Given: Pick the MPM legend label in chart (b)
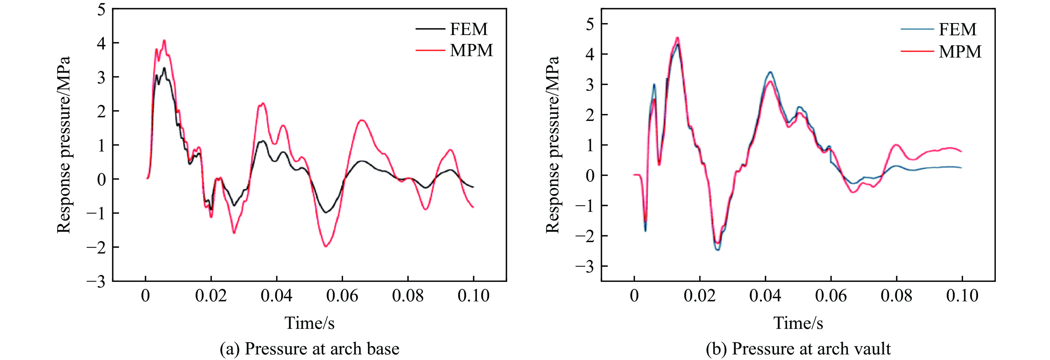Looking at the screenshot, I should tap(960, 52).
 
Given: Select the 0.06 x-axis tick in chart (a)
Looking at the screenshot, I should tap(342, 296).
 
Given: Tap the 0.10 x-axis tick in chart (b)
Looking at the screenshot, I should tap(962, 296).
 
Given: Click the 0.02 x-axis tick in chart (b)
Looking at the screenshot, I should tap(699, 296).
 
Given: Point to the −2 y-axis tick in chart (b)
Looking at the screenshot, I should tap(585, 236).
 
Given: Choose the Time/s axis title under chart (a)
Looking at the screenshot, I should tap(309, 323).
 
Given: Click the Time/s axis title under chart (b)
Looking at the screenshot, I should tap(798, 323).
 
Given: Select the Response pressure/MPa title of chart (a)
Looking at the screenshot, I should tap(64, 145).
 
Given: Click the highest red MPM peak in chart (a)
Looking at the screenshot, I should tap(164, 40).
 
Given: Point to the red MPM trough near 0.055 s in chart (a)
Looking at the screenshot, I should tap(326, 246).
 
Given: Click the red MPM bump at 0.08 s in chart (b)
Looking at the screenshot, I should tap(896, 145).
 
